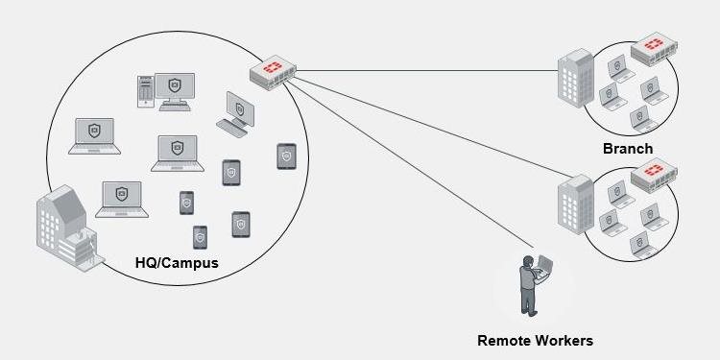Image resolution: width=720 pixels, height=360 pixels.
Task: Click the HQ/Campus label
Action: pyautogui.click(x=177, y=263)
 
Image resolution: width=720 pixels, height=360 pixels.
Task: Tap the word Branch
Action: pyautogui.click(x=628, y=149)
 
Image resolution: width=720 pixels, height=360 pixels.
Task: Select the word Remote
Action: pyautogui.click(x=503, y=341)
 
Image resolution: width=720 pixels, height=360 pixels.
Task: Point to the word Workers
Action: pyautogui.click(x=563, y=341)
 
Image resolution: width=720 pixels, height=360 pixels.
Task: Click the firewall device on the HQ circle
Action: pyautogui.click(x=273, y=72)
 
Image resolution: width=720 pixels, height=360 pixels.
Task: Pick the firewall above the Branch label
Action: pyautogui.click(x=654, y=48)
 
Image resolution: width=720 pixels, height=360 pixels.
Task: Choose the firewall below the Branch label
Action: pyautogui.click(x=654, y=175)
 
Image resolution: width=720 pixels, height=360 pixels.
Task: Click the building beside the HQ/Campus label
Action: pyautogui.click(x=69, y=228)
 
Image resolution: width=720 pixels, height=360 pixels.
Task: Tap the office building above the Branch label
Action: pyautogui.click(x=576, y=79)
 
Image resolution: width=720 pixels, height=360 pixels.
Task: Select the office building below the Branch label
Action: pyautogui.click(x=576, y=204)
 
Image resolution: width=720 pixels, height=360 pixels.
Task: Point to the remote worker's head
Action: pyautogui.click(x=528, y=261)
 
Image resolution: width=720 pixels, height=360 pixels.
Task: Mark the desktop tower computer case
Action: pyautogui.click(x=146, y=91)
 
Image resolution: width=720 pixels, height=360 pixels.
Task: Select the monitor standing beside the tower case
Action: pyautogui.click(x=175, y=91)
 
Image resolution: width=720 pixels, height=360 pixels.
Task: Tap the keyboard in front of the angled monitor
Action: pyautogui.click(x=232, y=128)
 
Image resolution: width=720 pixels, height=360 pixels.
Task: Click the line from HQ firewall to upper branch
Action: pyautogui.click(x=426, y=71)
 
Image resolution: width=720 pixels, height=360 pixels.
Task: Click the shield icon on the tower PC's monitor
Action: pyautogui.click(x=174, y=84)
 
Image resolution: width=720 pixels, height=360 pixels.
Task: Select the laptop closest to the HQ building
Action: pyautogui.click(x=122, y=200)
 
